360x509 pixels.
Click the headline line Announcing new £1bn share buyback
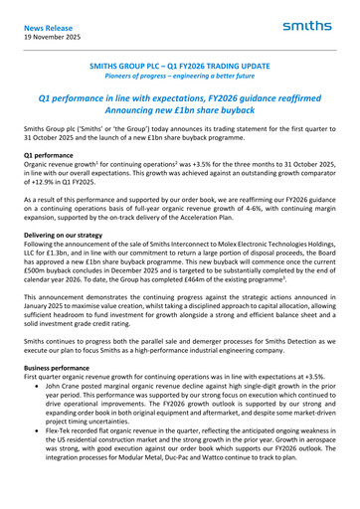click(179, 115)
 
